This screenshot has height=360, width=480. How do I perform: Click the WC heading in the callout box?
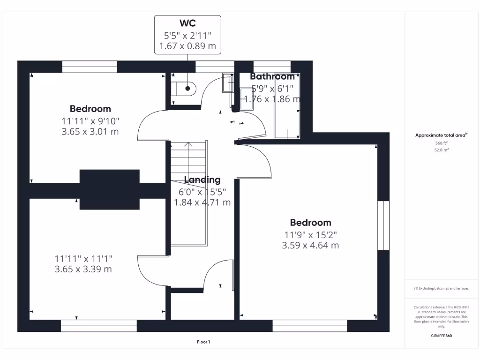[x=187, y=23]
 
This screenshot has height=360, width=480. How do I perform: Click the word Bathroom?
[x=272, y=76]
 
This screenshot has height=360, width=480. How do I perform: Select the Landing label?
[x=202, y=180]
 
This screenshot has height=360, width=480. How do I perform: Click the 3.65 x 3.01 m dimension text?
[x=90, y=132]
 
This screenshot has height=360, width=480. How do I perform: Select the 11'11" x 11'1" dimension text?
[x=83, y=258]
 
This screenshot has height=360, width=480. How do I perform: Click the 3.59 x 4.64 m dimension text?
[x=310, y=245]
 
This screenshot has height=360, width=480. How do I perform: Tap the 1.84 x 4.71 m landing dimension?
[x=202, y=202]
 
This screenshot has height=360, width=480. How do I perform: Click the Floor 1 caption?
[x=203, y=342]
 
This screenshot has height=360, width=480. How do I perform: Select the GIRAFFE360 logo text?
[x=441, y=336]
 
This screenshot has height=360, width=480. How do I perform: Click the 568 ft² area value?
[x=441, y=143]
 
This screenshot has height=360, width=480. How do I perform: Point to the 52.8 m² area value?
[x=441, y=150]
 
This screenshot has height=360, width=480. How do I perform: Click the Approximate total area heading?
[x=441, y=135]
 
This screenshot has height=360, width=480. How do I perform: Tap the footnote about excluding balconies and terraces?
[x=441, y=289]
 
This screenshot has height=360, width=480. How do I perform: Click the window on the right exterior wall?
[x=383, y=225]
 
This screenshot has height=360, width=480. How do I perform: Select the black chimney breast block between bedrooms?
[x=110, y=189]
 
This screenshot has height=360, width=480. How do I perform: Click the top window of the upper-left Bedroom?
[x=90, y=67]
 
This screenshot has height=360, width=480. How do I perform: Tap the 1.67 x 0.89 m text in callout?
[x=187, y=46]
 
